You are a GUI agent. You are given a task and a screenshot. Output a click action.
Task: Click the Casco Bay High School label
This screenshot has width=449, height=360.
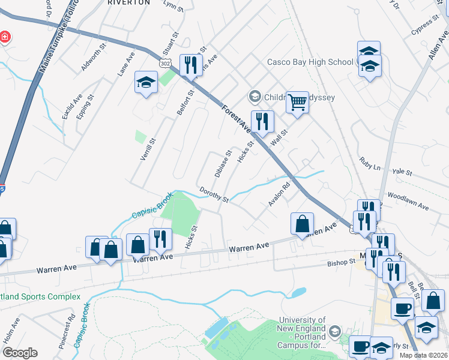[310, 62]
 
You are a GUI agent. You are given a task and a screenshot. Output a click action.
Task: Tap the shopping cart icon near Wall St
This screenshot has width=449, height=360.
[297, 103]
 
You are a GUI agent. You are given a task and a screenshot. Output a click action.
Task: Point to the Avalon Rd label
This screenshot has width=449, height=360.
[279, 194]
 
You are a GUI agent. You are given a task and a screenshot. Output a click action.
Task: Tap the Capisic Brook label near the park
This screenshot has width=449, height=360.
[152, 206]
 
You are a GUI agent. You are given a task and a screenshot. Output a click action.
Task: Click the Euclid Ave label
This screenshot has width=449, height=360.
[71, 106]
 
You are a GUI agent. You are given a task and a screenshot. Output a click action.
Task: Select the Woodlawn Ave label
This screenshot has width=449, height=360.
[408, 202]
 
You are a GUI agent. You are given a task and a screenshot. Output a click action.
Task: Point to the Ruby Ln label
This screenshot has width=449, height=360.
[370, 164]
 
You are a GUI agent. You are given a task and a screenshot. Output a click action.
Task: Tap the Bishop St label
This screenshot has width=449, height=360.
[342, 263]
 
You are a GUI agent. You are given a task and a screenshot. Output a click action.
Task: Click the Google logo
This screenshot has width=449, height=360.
[20, 353]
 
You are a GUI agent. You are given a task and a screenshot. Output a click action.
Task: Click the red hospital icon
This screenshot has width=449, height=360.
[5, 37]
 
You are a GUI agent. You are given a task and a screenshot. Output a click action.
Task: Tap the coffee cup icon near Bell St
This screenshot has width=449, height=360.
[402, 308]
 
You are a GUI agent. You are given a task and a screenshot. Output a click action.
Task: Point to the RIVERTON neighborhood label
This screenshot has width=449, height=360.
[128, 2]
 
